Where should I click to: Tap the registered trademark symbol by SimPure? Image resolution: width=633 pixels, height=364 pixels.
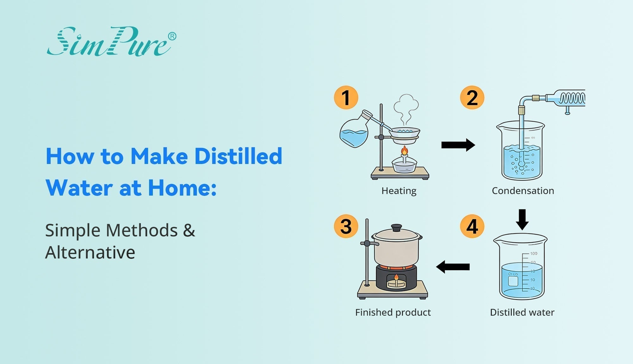[x=172, y=36]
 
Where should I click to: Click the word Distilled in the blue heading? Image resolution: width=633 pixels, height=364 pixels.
[x=238, y=156]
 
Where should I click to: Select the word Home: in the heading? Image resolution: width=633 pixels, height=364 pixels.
[x=182, y=188]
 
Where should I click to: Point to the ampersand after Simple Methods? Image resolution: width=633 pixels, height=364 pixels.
[x=189, y=230]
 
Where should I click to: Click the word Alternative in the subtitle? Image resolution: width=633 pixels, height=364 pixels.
[x=90, y=252]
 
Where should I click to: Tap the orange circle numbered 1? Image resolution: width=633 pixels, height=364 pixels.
[x=346, y=98]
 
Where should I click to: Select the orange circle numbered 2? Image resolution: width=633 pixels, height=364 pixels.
[x=472, y=98]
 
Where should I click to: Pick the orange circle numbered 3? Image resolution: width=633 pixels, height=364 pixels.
[x=346, y=226]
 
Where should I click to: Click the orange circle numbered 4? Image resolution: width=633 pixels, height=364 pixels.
[x=472, y=226]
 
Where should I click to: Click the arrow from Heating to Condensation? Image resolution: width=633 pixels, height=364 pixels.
[x=458, y=145]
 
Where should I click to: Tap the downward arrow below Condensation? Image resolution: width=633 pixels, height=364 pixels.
[x=522, y=219]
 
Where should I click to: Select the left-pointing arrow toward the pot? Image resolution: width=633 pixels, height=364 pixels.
[x=453, y=267]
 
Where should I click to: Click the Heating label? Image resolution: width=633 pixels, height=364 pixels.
[x=399, y=191]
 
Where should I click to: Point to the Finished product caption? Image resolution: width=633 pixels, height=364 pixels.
[x=393, y=312]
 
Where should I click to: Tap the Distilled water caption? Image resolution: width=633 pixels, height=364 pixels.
[x=522, y=312]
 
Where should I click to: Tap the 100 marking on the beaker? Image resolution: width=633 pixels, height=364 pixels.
[x=534, y=253]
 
